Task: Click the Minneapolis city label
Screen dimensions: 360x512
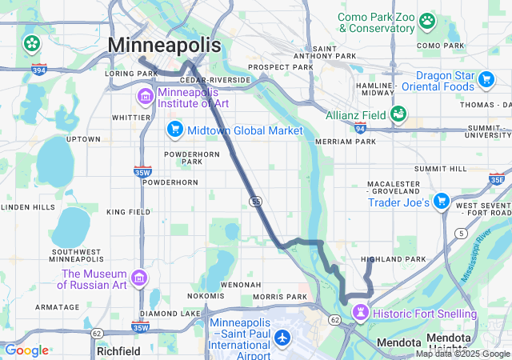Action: (x=164, y=45)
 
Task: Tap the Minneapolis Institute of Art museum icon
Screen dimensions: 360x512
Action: (x=145, y=98)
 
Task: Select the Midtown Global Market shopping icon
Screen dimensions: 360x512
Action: (x=174, y=130)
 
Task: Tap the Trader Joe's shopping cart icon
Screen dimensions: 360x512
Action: (x=441, y=202)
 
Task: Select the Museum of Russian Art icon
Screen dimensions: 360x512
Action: (x=139, y=278)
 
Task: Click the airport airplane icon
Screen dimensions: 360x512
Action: (x=282, y=338)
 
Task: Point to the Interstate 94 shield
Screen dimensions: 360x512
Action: (x=361, y=128)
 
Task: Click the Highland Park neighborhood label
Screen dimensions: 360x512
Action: (x=393, y=259)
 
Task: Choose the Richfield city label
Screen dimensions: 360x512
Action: (x=118, y=350)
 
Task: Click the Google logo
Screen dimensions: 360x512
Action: (x=26, y=350)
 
